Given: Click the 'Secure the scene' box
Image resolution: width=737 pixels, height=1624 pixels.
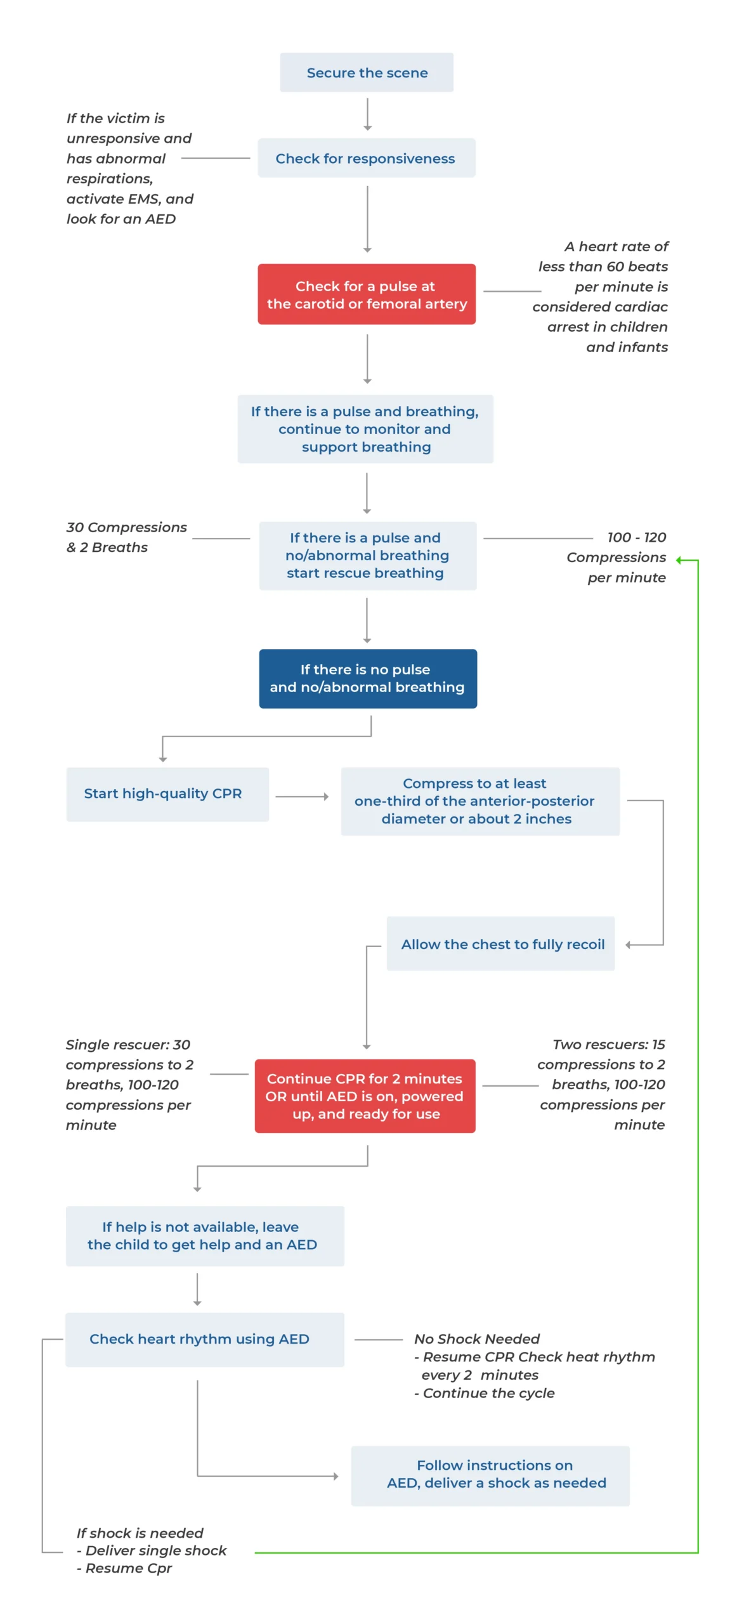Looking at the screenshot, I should [366, 72].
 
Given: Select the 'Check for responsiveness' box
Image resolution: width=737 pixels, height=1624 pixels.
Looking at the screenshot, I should [366, 158].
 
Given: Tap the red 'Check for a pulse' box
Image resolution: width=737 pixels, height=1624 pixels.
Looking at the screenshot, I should [366, 294].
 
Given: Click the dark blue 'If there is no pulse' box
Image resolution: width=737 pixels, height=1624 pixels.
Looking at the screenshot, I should [367, 678].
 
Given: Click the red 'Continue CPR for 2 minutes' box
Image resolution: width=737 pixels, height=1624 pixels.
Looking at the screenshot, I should [365, 1096].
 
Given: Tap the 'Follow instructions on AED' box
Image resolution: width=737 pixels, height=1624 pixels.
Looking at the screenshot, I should [490, 1475].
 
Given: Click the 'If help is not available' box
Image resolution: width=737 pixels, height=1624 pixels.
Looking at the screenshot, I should [204, 1236].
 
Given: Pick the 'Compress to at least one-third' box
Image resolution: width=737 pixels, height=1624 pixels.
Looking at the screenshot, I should [479, 801].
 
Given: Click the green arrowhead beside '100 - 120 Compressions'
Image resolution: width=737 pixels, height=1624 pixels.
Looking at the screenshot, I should [679, 560].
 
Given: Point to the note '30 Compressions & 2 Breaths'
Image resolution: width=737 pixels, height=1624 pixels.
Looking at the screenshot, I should [126, 537].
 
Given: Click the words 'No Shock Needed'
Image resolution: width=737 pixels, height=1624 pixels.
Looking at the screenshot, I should [476, 1339].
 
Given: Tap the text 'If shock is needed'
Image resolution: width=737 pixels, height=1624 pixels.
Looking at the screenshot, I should [140, 1533].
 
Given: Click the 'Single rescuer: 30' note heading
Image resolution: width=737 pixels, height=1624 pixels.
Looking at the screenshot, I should [128, 1044].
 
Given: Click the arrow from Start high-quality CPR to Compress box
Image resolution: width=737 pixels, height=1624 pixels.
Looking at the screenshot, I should [302, 796].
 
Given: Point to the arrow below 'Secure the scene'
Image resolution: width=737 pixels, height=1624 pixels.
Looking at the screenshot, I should [367, 114].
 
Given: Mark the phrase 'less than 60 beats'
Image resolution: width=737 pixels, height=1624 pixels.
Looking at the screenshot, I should [603, 266].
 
